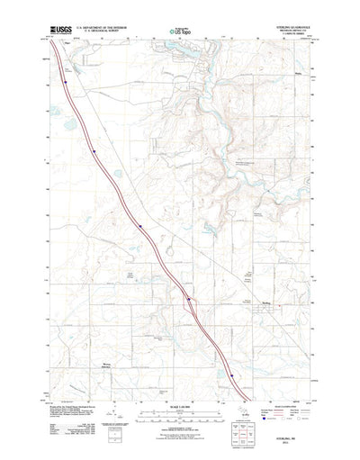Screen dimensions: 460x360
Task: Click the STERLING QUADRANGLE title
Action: click(286, 27)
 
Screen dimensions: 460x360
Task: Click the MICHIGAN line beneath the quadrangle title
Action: click(288, 32)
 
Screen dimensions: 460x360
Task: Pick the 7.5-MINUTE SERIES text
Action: click(288, 35)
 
